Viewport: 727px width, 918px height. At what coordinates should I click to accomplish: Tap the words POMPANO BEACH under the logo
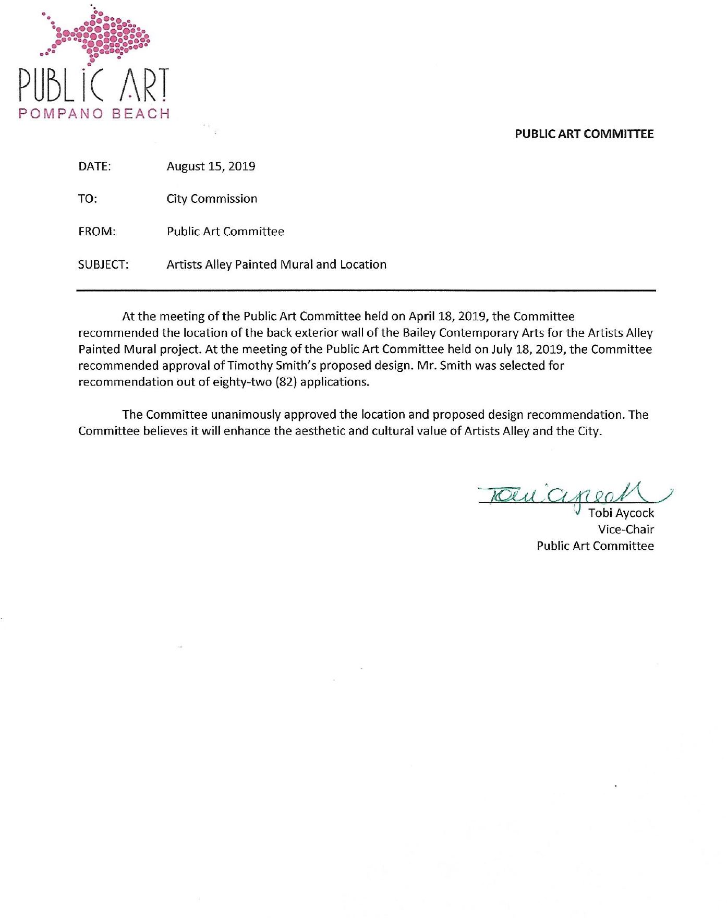[x=94, y=114]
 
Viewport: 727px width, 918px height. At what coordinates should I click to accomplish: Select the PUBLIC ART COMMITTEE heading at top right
[x=584, y=134]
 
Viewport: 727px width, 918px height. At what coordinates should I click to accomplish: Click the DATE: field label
[x=94, y=167]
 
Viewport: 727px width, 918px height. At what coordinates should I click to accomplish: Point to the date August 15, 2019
[x=211, y=167]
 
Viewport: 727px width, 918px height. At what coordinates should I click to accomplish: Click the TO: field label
[x=88, y=199]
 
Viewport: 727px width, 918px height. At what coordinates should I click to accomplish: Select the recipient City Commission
[x=212, y=199]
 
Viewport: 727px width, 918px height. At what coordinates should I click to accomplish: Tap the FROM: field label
[x=97, y=232]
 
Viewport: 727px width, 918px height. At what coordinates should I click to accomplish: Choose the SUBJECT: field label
[x=103, y=265]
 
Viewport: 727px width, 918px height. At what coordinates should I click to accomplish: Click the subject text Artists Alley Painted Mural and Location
[x=276, y=265]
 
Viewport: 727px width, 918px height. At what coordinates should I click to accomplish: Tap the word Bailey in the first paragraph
[x=419, y=333]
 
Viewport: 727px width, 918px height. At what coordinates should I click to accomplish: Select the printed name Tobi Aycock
[x=621, y=513]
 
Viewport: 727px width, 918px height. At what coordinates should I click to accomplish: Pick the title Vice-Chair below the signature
[x=626, y=530]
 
